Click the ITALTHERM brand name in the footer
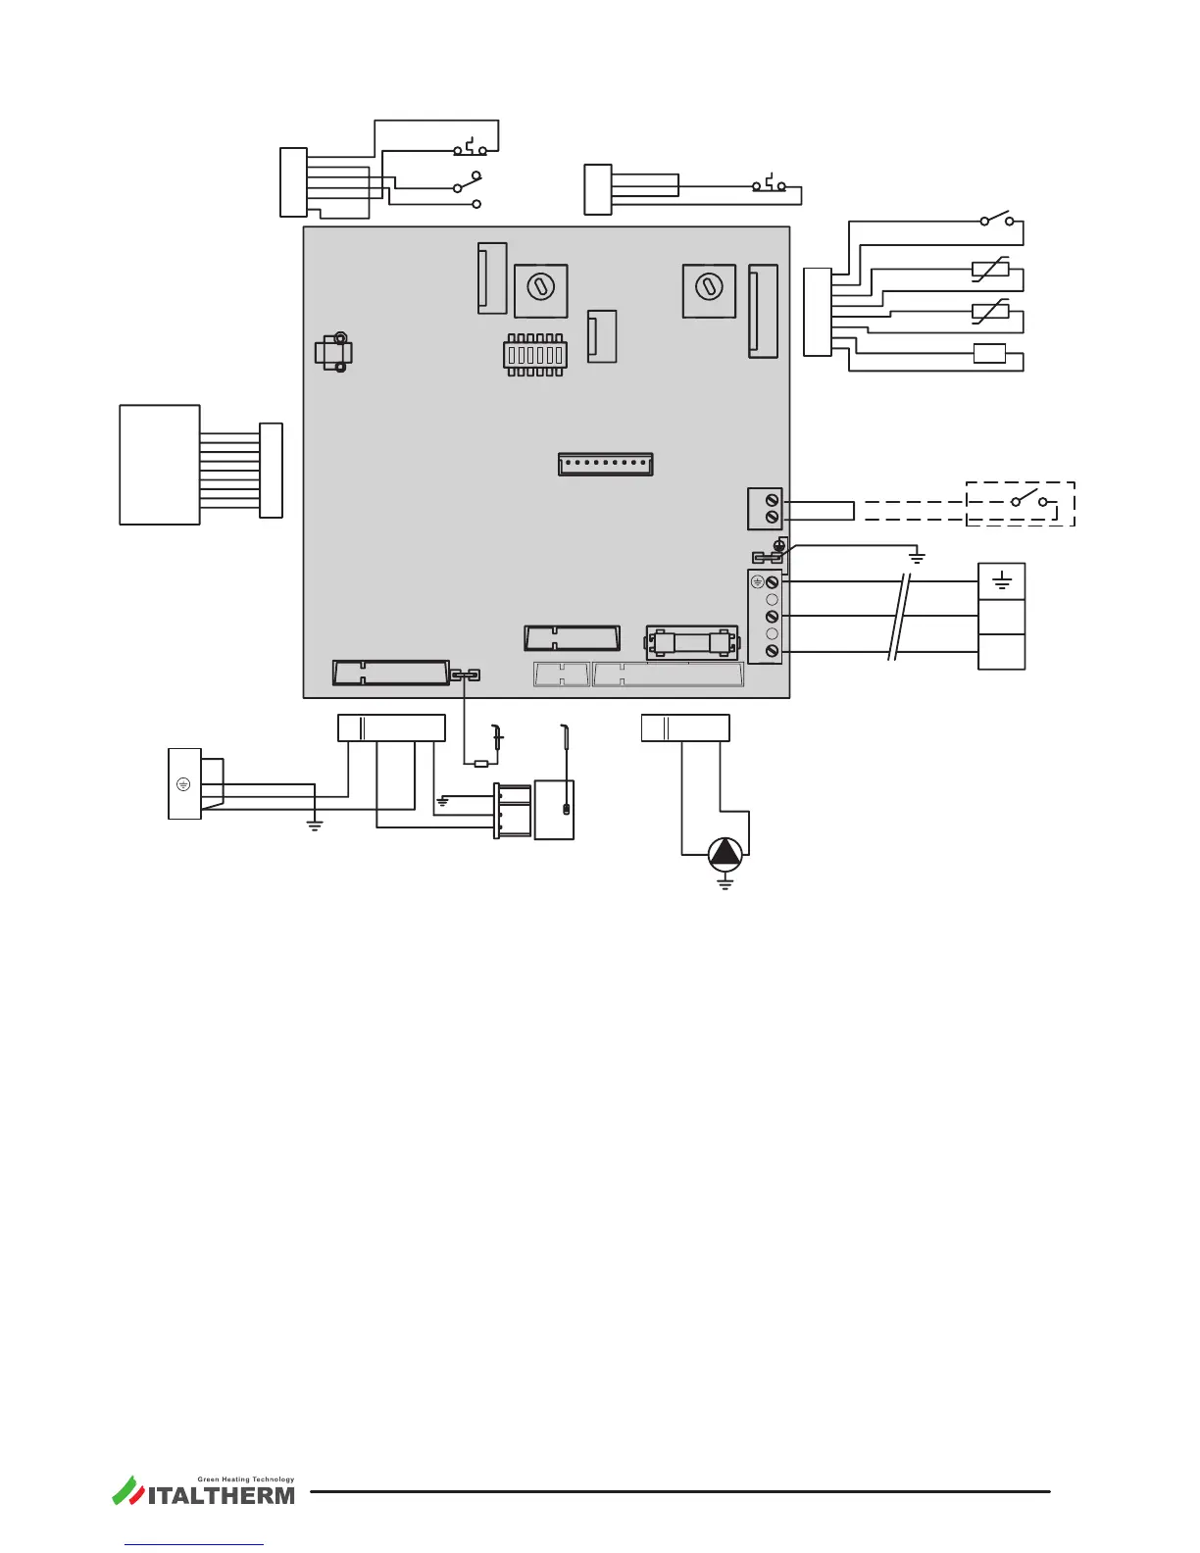point(221,1496)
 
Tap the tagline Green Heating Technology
point(246,1479)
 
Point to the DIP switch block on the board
point(535,355)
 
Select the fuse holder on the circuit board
point(691,643)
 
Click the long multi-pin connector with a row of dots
point(605,464)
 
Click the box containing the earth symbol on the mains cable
point(1001,581)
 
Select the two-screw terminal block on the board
point(765,509)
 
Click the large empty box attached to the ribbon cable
point(160,465)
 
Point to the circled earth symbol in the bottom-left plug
point(183,784)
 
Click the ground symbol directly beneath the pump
point(725,882)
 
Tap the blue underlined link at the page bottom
point(194,1544)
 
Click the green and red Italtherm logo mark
point(127,1490)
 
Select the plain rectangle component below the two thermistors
point(990,354)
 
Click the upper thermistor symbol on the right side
point(990,270)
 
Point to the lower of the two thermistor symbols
point(990,312)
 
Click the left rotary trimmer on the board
point(541,291)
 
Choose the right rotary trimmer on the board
point(709,291)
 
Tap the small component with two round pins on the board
point(333,352)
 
